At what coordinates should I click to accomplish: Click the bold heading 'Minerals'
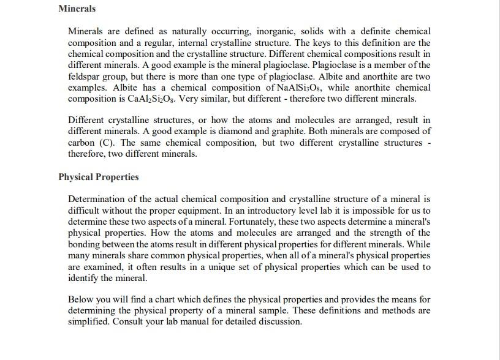77,9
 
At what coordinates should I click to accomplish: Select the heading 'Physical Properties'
99,177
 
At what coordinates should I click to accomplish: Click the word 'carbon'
81,143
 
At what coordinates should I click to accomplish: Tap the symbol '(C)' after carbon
108,143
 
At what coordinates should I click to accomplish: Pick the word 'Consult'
129,321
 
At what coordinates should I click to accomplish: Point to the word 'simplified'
89,321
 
